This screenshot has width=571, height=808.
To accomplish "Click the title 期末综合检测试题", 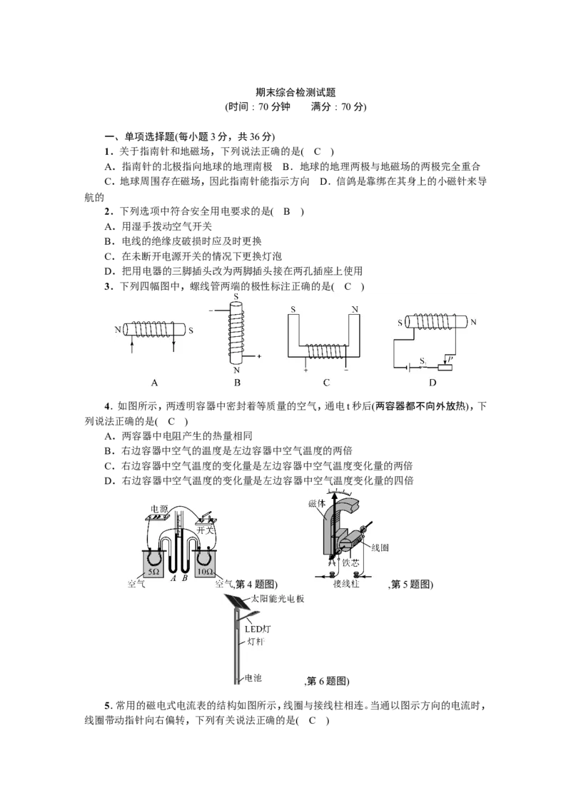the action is (295, 93).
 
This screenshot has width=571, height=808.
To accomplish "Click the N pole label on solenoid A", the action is (118, 330).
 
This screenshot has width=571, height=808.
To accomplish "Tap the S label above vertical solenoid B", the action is (236, 298).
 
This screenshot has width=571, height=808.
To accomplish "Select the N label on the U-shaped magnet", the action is (355, 309).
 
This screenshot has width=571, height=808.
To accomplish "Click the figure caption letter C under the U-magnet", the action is (326, 383).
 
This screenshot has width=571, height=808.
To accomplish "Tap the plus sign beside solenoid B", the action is (259, 356).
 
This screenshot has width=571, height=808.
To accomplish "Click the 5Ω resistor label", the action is (153, 572).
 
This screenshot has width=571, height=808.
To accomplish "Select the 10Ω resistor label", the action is (205, 572).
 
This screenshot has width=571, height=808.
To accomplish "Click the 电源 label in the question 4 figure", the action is (159, 509).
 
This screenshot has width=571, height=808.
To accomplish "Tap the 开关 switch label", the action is (205, 530).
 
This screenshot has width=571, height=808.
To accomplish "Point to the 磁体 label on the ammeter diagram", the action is (317, 503).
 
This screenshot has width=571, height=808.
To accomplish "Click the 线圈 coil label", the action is (380, 547).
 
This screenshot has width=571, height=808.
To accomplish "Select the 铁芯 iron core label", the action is (350, 562).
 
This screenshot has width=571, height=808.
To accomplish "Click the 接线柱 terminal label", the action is (345, 583).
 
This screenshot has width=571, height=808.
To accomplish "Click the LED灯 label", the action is (258, 629).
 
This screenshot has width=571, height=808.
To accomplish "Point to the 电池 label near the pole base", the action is (253, 678).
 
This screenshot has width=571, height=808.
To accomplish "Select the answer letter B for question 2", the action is (287, 211).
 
